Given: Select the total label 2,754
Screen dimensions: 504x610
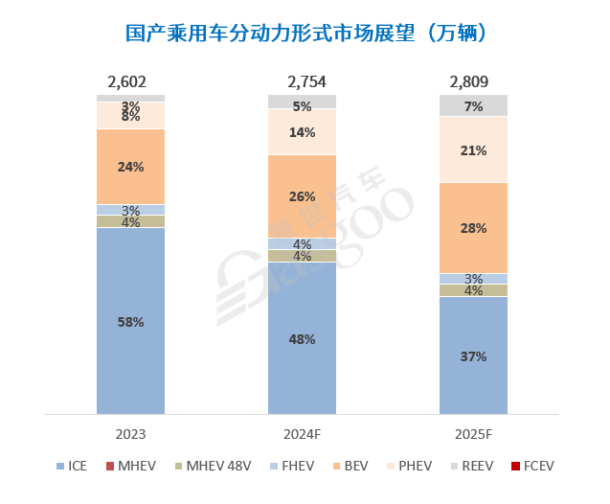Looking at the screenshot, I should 302,81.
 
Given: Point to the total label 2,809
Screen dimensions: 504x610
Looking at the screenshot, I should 473,81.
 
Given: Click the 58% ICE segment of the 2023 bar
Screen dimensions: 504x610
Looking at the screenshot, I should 130,322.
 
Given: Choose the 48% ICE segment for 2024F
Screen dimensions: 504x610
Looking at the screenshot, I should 302,338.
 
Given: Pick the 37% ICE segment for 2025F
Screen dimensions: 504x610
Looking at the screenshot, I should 473,355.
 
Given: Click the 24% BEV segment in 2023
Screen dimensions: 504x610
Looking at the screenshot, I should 130,167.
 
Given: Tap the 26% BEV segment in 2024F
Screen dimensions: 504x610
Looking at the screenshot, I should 302,196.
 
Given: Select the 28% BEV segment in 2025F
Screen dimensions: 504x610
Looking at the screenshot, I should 473,228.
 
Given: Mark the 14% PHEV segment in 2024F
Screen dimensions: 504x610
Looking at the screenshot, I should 302,132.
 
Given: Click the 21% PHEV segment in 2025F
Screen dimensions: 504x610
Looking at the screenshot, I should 473,149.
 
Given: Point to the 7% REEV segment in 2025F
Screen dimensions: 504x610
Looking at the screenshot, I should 473,105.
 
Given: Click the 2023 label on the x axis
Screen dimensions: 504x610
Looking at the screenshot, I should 130,434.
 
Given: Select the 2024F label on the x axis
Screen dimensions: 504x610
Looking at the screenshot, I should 302,434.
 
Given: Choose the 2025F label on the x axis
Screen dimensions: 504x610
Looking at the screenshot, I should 473,434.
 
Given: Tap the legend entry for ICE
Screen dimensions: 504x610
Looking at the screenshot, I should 75,466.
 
